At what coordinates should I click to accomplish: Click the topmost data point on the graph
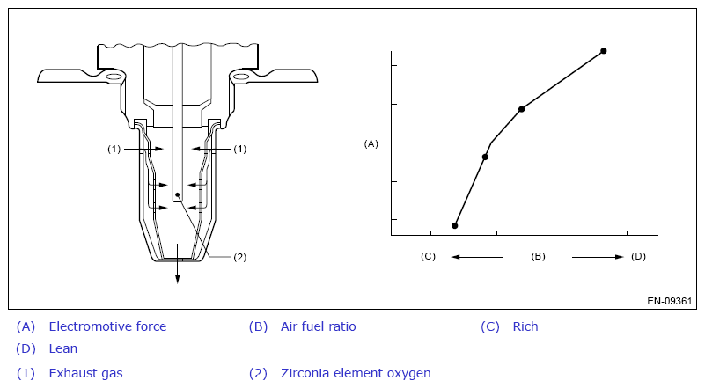pos(604,51)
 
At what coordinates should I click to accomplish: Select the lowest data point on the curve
pos(454,226)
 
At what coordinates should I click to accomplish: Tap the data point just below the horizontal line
pos(485,157)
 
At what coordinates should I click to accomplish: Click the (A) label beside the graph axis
pos(371,144)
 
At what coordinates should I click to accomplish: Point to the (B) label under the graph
pos(538,256)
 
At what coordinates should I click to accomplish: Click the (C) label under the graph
pos(428,256)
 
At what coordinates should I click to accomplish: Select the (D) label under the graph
pos(638,256)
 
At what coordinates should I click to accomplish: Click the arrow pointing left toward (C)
pos(476,257)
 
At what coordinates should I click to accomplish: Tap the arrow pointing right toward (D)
pos(598,257)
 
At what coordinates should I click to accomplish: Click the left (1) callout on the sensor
pos(114,149)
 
